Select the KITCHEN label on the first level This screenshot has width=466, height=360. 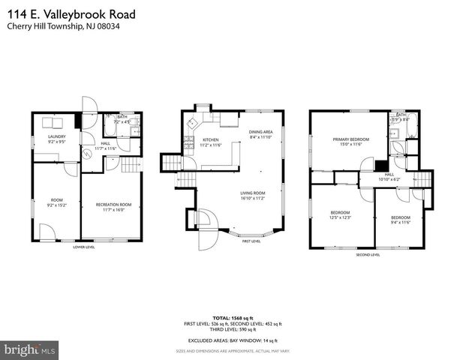pos(211,139)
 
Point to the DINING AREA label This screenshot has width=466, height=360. pos(260,132)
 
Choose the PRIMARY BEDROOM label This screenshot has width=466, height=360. pos(351,139)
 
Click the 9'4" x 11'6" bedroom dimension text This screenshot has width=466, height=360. pos(400,222)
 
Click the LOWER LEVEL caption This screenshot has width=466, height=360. pos(84,247)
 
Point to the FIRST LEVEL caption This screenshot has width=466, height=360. pos(251,241)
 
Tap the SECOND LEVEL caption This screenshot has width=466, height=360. pos(368,254)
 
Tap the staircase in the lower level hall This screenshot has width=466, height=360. pos(132,166)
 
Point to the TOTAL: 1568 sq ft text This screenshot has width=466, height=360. pos(233,316)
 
